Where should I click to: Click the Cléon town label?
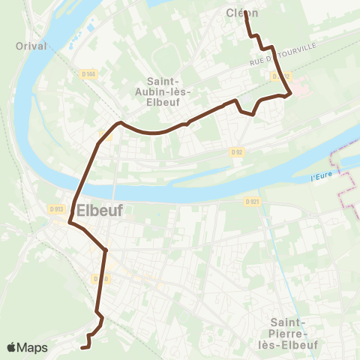241,12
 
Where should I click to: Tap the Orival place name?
31,46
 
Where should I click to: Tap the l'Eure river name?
320,178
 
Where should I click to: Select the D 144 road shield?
88,73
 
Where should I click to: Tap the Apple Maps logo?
27,348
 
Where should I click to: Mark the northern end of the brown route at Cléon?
245,11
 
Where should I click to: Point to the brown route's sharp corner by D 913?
70,222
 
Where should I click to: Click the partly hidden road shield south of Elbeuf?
97,278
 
